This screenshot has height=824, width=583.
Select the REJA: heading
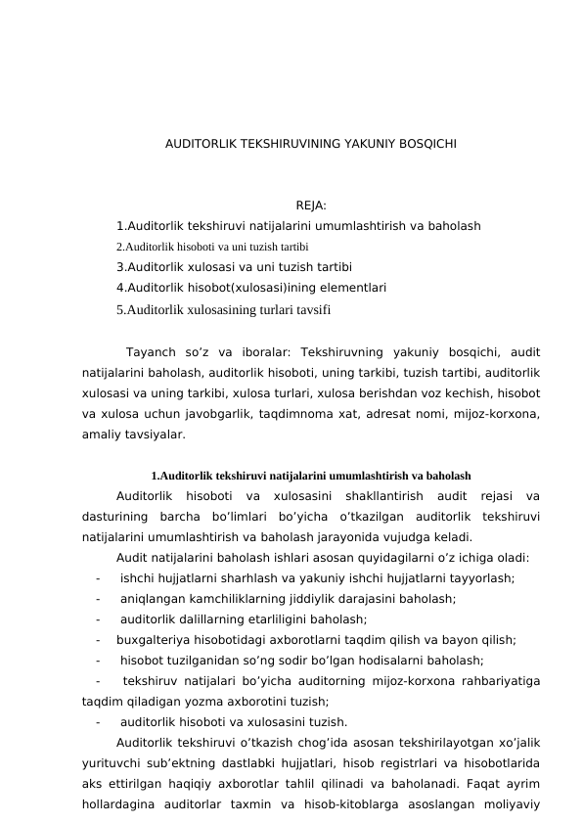coord(311,206)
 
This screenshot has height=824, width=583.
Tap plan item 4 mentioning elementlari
coord(250,288)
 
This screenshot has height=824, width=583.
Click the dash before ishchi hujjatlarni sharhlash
coord(99,578)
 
